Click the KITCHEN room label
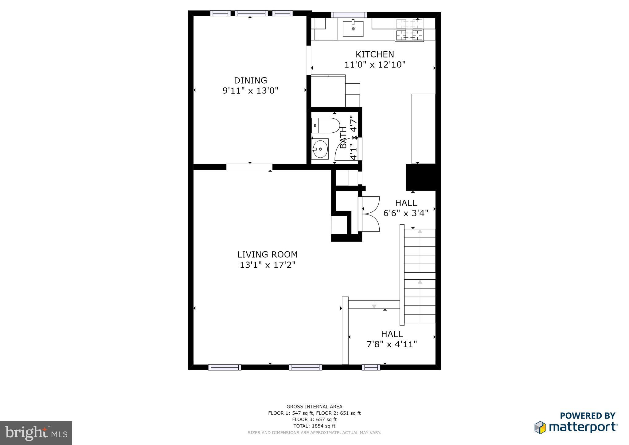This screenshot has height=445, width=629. pos(374,54)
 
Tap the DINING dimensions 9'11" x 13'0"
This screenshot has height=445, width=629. pos(250,91)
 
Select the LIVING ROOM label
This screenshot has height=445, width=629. pos(267,254)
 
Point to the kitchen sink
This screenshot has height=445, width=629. pos(353,29)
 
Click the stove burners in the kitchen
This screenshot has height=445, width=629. pos(409,30)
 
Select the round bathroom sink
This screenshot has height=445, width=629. pos(320,149)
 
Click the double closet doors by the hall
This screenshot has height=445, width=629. pos(370,214)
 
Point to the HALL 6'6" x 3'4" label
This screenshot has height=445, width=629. pos(406,208)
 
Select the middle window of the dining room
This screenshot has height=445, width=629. pos(252,13)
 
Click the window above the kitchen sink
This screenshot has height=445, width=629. pos(349,14)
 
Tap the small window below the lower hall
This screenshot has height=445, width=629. pos(371,367)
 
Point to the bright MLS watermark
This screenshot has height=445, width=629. pos(36,433)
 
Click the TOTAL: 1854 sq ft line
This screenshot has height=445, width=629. pos(314,426)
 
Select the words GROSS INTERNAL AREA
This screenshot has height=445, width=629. pos(314,407)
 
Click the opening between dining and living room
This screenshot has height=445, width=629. pos(249,167)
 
